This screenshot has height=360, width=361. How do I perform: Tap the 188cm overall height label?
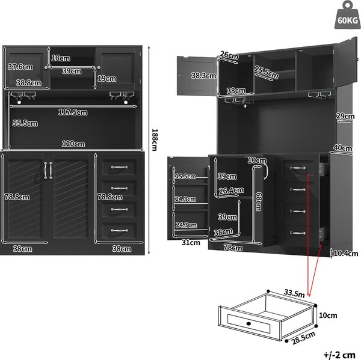[155, 140]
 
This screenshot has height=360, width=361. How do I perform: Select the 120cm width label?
[73, 144]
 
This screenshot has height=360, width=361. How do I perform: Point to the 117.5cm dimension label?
[73, 112]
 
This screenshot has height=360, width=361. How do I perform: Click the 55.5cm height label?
[25, 123]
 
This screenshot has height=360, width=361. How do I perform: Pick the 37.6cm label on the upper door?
[20, 67]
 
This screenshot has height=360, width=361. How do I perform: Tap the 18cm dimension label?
[61, 58]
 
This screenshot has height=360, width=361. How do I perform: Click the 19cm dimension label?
[107, 79]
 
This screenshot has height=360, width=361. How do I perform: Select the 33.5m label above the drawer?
[294, 293]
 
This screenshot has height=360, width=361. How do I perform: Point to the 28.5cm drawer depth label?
[303, 338]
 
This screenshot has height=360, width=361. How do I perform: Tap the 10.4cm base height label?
[346, 254]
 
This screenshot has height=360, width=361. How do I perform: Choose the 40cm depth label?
[343, 148]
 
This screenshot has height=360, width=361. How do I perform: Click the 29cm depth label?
[345, 116]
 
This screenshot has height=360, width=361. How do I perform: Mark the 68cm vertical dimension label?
[259, 202]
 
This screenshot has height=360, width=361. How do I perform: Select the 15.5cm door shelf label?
[185, 177]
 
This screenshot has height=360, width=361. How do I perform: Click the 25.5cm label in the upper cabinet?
[267, 72]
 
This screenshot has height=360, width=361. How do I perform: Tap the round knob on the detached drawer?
[248, 324]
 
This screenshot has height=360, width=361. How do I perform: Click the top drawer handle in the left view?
[119, 167]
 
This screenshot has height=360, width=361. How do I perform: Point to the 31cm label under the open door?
[191, 243]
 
